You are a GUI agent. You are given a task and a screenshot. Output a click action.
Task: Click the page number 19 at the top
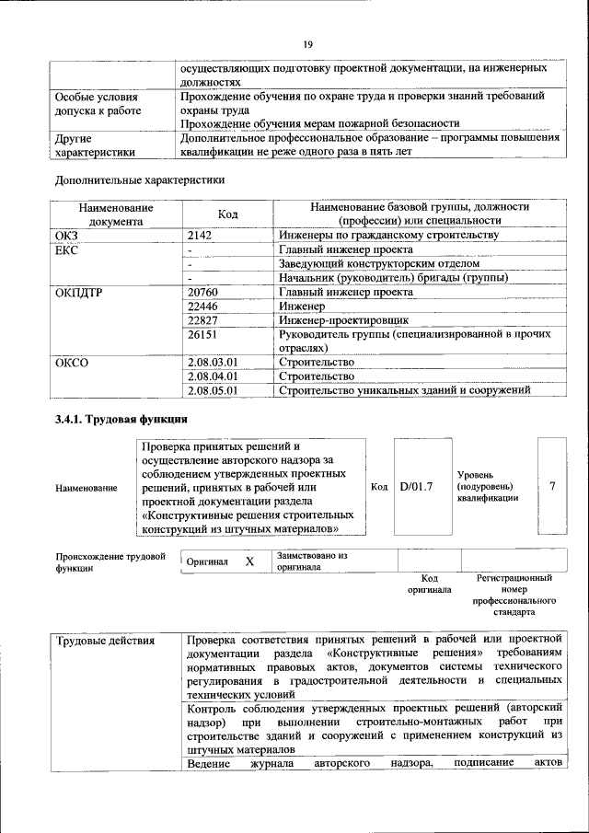coord(308,44)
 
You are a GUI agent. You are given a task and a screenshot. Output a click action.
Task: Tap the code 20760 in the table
coord(204,292)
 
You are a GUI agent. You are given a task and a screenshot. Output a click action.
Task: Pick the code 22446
coord(204,306)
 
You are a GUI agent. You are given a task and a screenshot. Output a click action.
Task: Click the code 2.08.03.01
coord(213,363)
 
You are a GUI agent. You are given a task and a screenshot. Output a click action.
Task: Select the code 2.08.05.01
coord(213,390)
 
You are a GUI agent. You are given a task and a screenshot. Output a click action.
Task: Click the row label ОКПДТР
coord(79,292)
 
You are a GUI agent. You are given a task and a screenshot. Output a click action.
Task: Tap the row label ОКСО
coord(72,363)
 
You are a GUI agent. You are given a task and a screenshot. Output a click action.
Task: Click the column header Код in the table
coord(227,214)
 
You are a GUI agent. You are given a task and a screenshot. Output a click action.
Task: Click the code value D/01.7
coord(416,486)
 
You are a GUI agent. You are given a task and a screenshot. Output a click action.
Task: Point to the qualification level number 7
coord(552,486)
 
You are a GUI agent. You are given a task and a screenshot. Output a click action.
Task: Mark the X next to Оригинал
coord(248,561)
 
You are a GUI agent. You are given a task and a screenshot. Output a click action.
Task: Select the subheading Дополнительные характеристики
coord(140,179)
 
